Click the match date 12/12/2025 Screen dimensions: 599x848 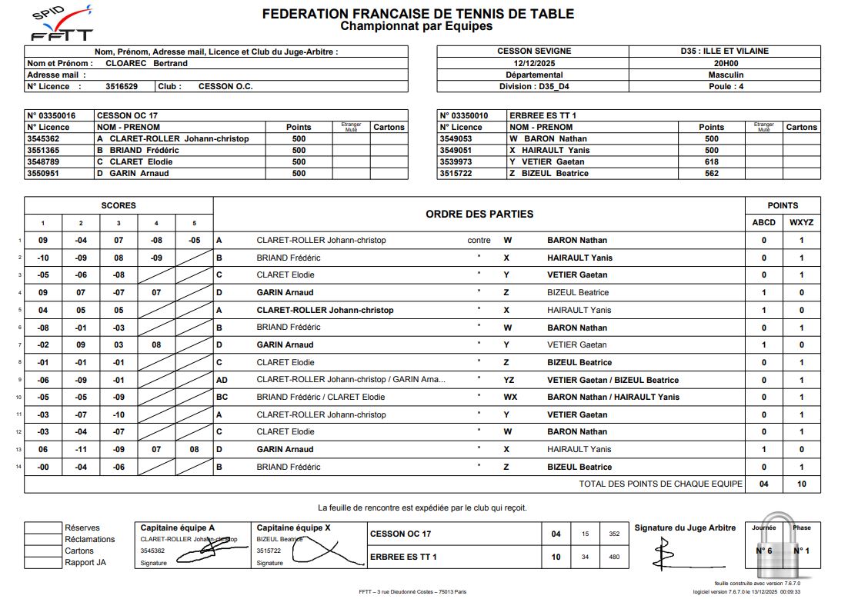pos(533,63)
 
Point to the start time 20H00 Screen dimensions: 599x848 pos(726,63)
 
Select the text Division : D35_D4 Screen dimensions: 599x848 pos(534,86)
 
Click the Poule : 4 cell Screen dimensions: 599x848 pos(726,86)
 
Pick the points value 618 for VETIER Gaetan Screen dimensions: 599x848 pos(711,161)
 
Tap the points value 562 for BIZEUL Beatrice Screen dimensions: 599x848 pos(711,173)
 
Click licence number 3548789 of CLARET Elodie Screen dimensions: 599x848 pos(43,161)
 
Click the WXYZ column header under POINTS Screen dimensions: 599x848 pos(801,222)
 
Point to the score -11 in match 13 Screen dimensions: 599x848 pos(81,449)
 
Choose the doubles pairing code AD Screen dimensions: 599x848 pos(222,380)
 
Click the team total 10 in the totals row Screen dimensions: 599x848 pos(801,484)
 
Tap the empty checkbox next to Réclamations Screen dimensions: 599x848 pos(43,539)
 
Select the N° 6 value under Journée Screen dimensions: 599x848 pos(763,551)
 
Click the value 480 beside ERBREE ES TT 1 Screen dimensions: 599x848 pos(613,557)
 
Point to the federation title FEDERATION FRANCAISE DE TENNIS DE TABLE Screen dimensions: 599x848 pos(417,14)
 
